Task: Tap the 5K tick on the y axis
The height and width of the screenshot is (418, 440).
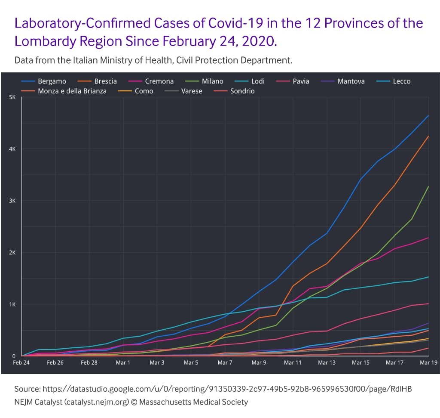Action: (x=12, y=97)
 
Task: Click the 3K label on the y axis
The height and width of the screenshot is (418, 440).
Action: (x=12, y=201)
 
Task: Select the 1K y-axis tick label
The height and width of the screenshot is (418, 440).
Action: (x=12, y=304)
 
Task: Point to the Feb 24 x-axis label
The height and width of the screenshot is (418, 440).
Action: (x=21, y=363)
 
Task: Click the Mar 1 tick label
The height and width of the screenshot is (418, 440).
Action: (x=123, y=363)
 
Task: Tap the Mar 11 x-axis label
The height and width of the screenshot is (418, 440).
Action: (x=293, y=363)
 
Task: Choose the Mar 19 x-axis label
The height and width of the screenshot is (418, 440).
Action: (x=428, y=363)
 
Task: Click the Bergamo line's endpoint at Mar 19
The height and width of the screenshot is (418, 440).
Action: (x=428, y=115)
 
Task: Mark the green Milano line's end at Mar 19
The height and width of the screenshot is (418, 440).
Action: (x=428, y=186)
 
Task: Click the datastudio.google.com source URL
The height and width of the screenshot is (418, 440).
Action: (x=227, y=389)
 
